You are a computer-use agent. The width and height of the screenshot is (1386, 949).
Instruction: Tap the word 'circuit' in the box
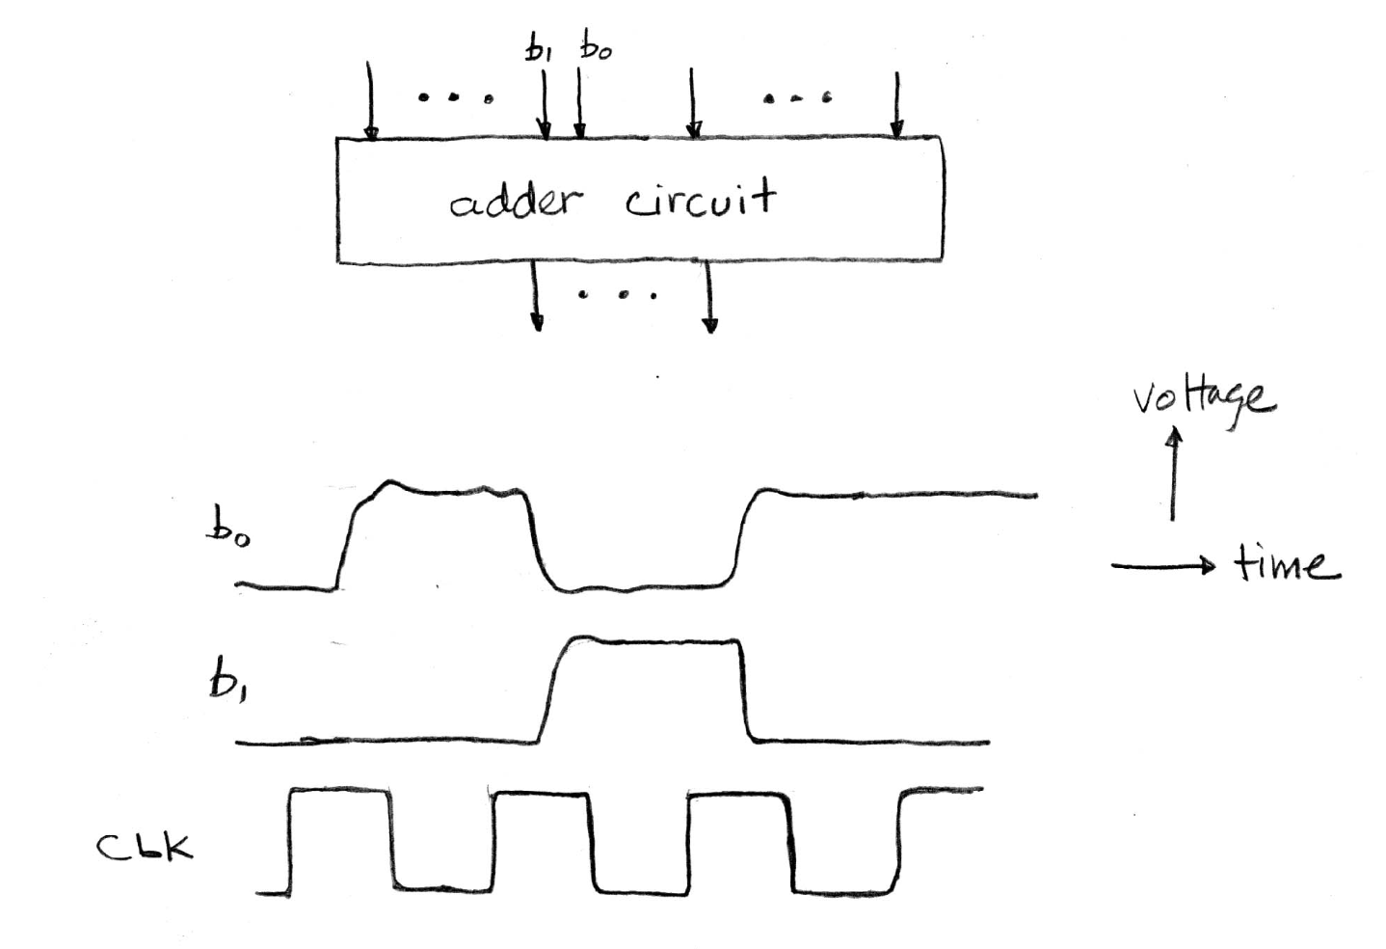699,200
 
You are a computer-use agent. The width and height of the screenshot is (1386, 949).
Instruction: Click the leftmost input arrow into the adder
369,101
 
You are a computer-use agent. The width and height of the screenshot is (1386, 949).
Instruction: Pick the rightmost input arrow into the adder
896,104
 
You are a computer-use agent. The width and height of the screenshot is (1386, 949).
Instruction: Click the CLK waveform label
145,846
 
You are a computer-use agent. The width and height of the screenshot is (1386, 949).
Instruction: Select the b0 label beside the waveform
227,530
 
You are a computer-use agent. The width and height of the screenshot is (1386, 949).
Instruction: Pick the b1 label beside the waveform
225,683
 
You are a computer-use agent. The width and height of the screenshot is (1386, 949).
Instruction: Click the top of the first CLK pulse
340,792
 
